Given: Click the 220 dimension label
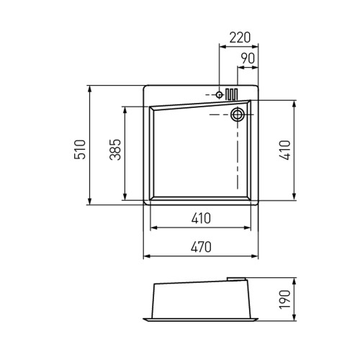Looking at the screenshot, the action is point(240,37).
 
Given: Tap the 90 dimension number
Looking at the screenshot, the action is point(248,58).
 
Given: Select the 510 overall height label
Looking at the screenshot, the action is point(80,149).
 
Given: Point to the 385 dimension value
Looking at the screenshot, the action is point(115,150).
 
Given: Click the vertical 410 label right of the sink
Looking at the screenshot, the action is point(285,150).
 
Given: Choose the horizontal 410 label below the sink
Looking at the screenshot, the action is point(201,218).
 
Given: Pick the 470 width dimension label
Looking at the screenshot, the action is point(201,247).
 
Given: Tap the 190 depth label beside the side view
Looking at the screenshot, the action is point(285,300).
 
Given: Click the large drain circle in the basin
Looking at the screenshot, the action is point(238,114).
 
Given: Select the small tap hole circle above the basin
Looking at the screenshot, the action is point(219,95).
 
